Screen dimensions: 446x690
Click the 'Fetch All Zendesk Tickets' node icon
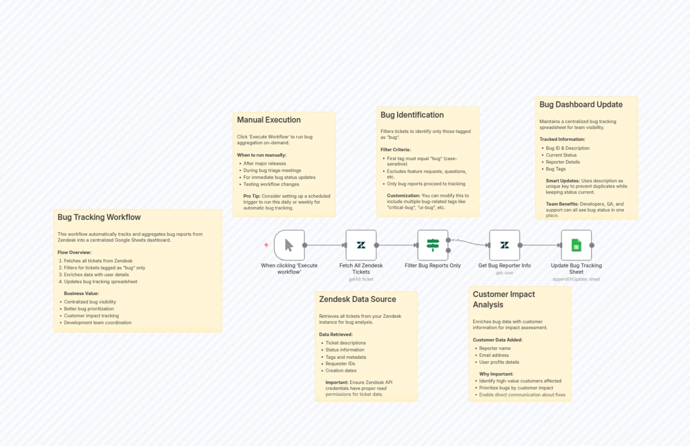[361, 245]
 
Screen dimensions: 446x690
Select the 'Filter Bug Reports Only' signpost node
[433, 245]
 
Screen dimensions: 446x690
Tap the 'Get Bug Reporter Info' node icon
[505, 245]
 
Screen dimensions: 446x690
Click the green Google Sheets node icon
[576, 245]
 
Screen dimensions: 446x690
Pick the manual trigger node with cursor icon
[289, 245]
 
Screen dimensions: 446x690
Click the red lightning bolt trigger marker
[266, 245]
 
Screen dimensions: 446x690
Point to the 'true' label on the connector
[456, 240]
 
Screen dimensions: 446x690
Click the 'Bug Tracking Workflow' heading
[99, 217]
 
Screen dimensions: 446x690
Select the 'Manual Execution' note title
[269, 120]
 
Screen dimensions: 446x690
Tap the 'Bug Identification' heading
[412, 115]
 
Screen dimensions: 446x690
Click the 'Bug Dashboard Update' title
[581, 105]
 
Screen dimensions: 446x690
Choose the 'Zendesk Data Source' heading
[357, 299]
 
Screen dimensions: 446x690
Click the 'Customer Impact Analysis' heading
[504, 299]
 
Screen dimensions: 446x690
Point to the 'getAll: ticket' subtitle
[361, 279]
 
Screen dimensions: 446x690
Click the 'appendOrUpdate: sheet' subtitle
[576, 279]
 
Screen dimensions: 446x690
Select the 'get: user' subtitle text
[505, 273]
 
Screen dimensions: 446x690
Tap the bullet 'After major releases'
[264, 164]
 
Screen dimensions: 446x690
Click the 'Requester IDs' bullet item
[340, 364]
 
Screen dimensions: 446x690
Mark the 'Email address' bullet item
[494, 355]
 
